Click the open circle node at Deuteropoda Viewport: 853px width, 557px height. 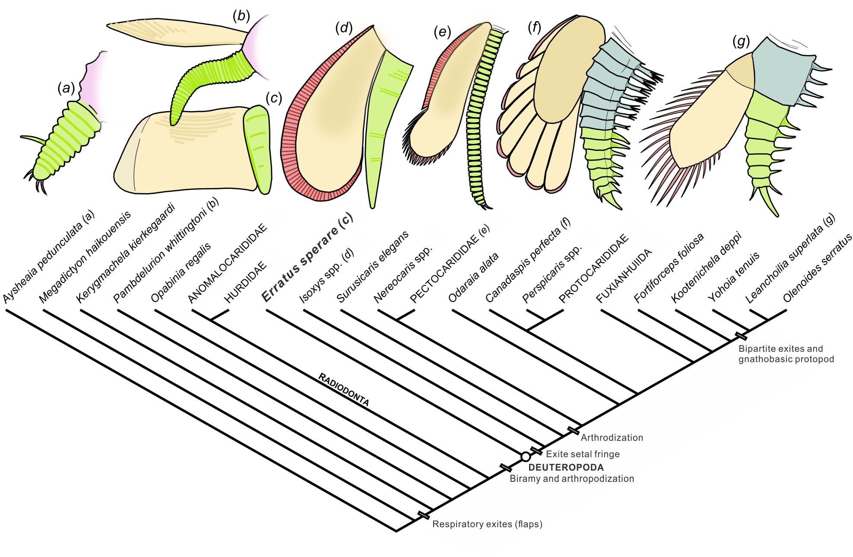[525, 457]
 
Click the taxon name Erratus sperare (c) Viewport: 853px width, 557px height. [308, 258]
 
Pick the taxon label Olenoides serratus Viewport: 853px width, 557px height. [818, 267]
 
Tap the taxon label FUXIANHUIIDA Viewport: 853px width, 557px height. [623, 276]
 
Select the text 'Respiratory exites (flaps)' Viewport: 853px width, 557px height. [487, 524]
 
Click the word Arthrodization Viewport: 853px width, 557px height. [612, 437]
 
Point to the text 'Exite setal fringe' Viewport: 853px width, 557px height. [583, 454]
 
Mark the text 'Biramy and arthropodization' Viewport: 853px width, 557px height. [572, 479]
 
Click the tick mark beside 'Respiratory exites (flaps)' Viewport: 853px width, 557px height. [424, 515]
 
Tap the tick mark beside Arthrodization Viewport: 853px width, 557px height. [573, 430]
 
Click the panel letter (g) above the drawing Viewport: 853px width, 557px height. [741, 42]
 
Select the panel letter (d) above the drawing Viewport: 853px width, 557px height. [344, 29]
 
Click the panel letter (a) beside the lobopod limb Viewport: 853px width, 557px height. [66, 89]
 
